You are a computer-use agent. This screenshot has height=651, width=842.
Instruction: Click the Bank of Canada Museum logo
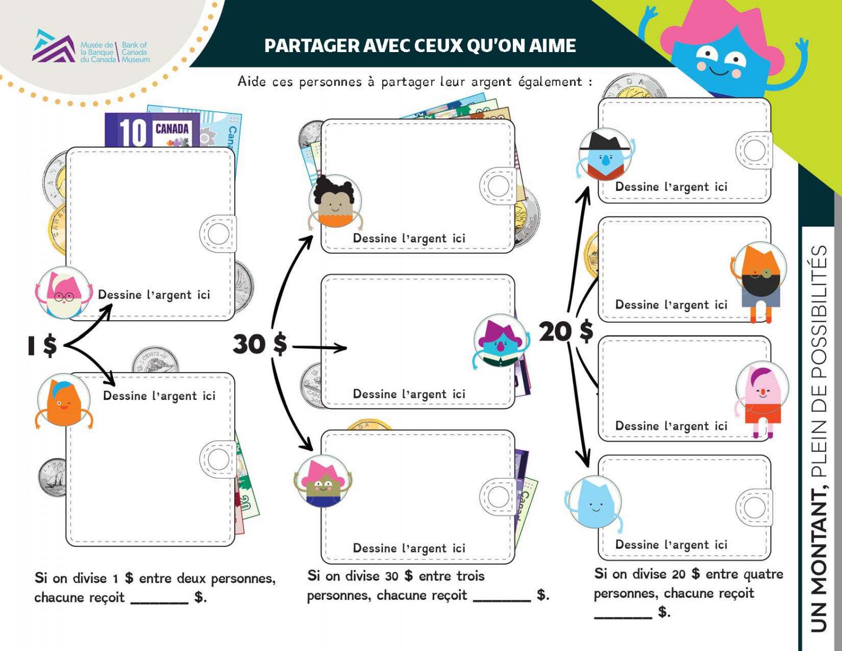pyautogui.click(x=91, y=47)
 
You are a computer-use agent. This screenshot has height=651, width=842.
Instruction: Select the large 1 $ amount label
pyautogui.click(x=42, y=346)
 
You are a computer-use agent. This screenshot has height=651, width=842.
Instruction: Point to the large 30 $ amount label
pyautogui.click(x=260, y=344)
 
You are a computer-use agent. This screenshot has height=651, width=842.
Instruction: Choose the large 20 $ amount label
pyautogui.click(x=565, y=331)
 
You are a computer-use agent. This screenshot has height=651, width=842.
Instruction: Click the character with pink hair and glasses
pyautogui.click(x=64, y=293)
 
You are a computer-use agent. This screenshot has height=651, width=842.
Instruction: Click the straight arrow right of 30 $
pyautogui.click(x=320, y=347)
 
